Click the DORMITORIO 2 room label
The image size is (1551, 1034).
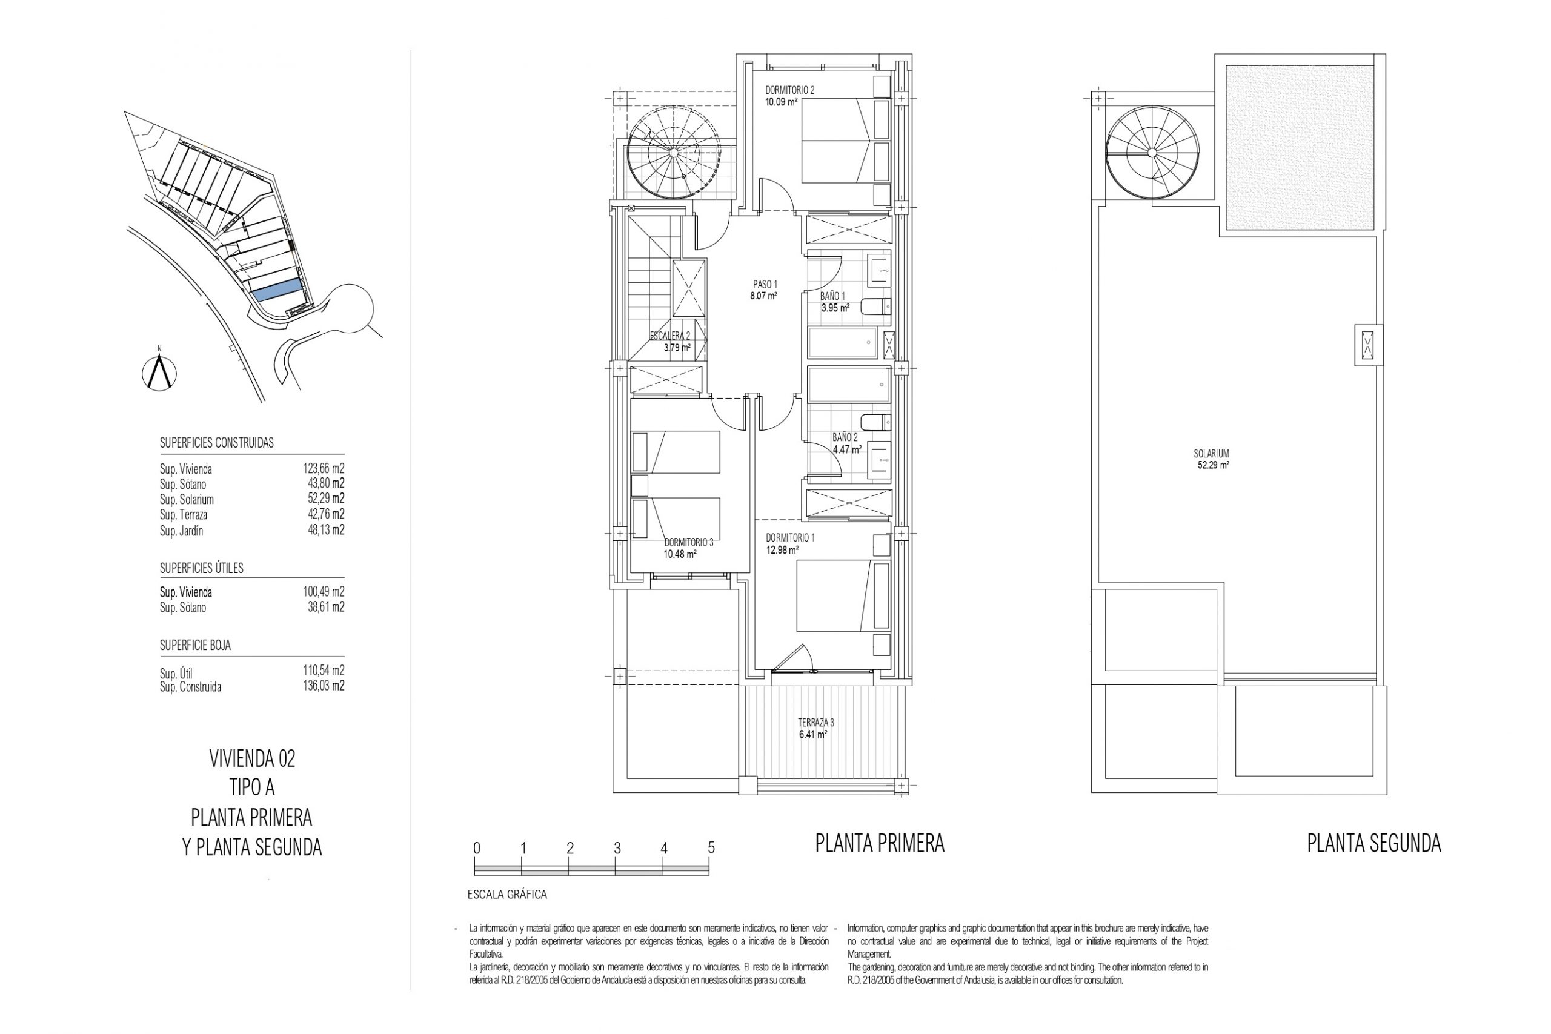(789, 90)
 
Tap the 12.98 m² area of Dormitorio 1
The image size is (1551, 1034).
(782, 550)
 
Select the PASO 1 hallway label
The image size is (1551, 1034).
(765, 285)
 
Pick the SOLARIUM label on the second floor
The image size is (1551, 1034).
(1211, 454)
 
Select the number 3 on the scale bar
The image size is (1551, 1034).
(617, 848)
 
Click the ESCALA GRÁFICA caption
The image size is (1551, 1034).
(507, 895)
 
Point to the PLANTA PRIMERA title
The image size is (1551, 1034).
(880, 843)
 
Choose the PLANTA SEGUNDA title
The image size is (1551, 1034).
(1374, 843)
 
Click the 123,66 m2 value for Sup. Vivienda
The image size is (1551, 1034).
(324, 469)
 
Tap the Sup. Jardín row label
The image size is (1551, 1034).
(181, 531)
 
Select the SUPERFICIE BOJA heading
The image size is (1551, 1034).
(195, 646)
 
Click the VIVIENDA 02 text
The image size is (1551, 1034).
(252, 759)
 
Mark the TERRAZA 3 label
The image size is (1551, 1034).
(816, 723)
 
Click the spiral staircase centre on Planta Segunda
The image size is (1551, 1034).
(1152, 153)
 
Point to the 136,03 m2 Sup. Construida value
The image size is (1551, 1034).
(324, 686)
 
